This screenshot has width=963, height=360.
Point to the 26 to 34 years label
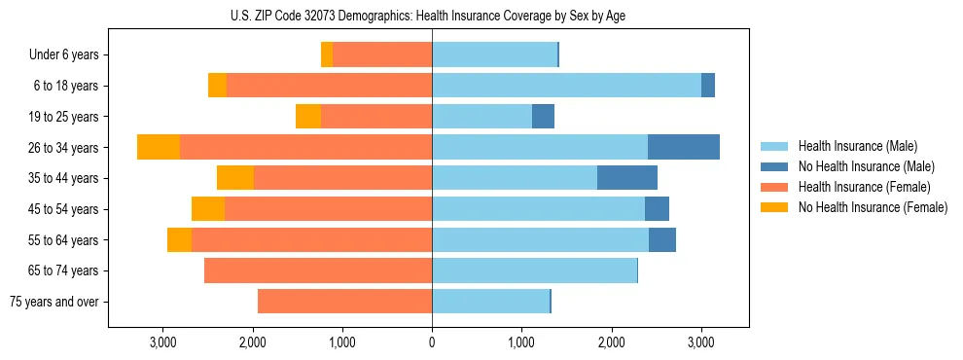pyautogui.click(x=63, y=148)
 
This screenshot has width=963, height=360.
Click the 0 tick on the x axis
pyautogui.click(x=432, y=342)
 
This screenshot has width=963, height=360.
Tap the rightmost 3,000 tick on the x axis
pyautogui.click(x=701, y=342)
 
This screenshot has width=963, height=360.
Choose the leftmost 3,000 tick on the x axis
pyautogui.click(x=162, y=342)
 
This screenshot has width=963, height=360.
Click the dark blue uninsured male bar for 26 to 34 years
pyautogui.click(x=684, y=147)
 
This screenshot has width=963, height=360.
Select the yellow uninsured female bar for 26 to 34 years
pyautogui.click(x=159, y=147)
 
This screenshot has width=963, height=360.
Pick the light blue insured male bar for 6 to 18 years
pyautogui.click(x=566, y=86)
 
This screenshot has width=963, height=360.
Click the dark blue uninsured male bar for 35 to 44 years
pyautogui.click(x=627, y=178)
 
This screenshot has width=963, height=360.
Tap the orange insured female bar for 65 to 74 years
pyautogui.click(x=318, y=270)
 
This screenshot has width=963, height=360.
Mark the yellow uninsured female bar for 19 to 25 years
pyautogui.click(x=308, y=117)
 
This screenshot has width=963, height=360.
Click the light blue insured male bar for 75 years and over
pyautogui.click(x=490, y=302)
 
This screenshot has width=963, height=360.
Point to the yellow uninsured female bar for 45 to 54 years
pyautogui.click(x=208, y=209)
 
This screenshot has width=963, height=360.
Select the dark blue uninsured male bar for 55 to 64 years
pyautogui.click(x=662, y=239)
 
